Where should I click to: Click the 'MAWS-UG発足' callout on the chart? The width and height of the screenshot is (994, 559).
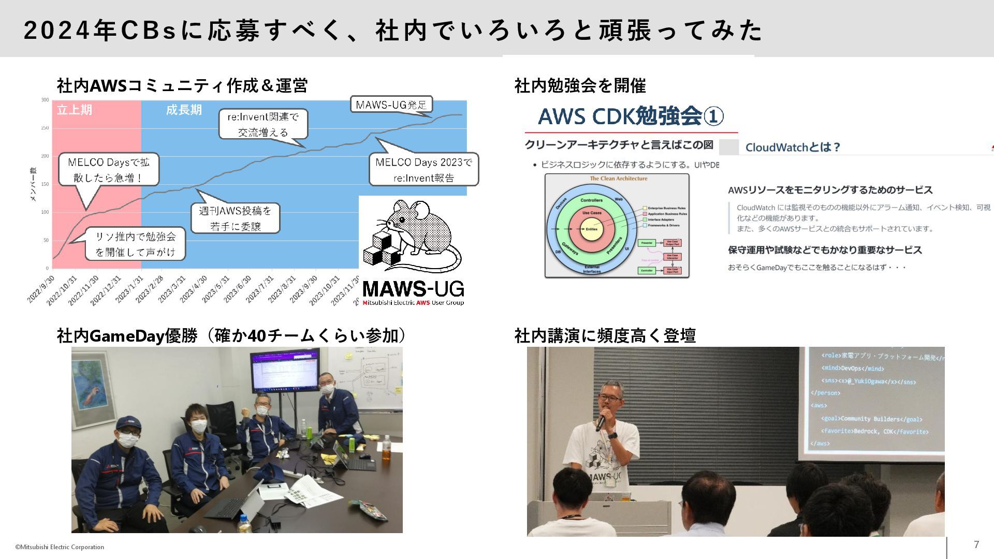[x=391, y=105]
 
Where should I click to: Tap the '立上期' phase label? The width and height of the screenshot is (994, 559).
[x=75, y=110]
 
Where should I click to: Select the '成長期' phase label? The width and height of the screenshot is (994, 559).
[x=184, y=110]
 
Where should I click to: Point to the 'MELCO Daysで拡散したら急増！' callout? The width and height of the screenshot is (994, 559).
[x=109, y=170]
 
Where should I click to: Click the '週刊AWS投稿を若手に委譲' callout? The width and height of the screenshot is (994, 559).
[x=236, y=218]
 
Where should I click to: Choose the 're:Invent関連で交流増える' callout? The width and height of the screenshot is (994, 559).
[x=263, y=124]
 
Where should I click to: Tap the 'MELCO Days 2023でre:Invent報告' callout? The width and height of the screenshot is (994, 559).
[x=423, y=170]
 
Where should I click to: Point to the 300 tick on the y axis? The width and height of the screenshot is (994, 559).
[x=46, y=100]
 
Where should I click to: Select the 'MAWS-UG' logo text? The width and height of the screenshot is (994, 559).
[x=413, y=289]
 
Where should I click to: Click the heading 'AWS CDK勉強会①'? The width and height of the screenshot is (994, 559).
[x=631, y=116]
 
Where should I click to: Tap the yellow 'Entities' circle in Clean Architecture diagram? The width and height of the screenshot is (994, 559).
[x=591, y=229]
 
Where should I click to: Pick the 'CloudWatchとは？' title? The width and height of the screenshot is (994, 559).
[x=792, y=148]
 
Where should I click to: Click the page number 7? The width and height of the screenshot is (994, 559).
[x=976, y=545]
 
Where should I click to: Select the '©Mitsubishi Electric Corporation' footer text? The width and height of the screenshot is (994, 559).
[x=60, y=547]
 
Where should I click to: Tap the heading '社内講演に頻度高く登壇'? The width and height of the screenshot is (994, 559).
[x=605, y=336]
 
